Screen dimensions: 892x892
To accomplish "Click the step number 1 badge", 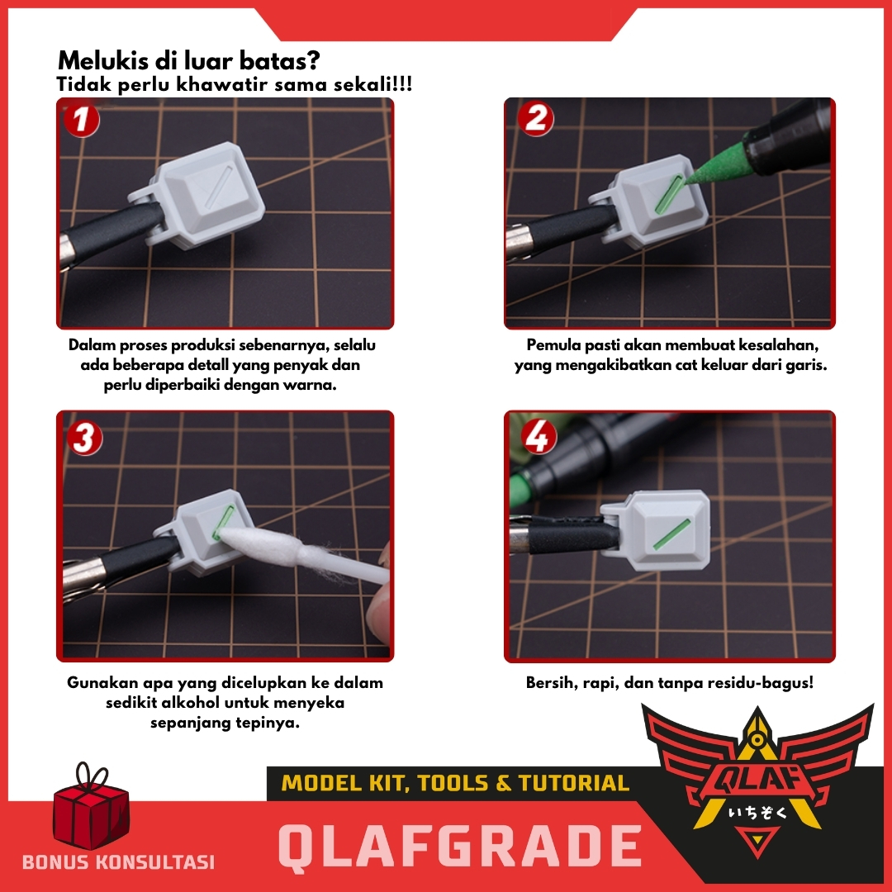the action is pos(81,120).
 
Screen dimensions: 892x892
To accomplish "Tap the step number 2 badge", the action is pos(535,119).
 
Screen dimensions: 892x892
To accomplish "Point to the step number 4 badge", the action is pos(539,436).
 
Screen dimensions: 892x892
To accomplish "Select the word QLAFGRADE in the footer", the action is pos(460,846).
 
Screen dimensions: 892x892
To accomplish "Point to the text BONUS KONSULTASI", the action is pos(118,861).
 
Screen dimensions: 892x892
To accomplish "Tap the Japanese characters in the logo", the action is pos(757,811).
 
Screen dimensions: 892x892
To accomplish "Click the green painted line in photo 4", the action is pos(671,534).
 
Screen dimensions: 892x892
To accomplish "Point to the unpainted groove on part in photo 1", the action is pos(219,186).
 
